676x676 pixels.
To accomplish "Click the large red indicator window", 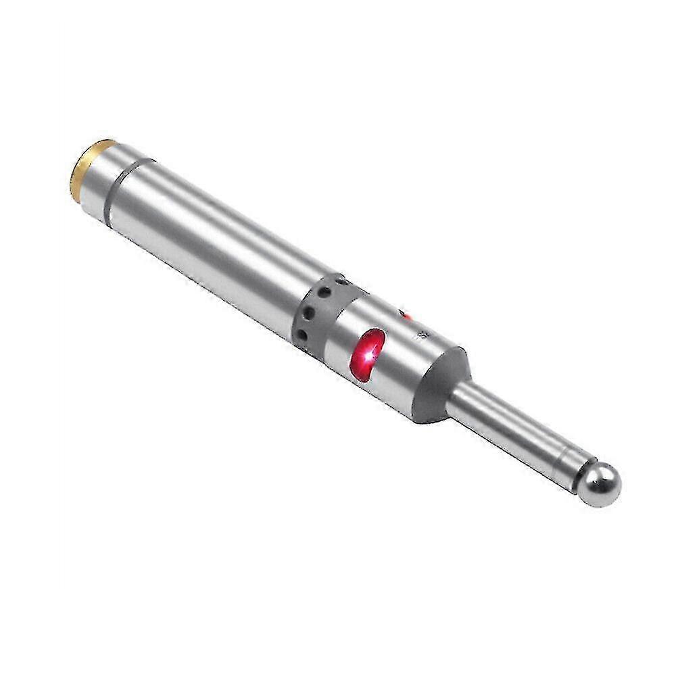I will pos(368,354).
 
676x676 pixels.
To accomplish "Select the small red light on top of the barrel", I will pos(406,315).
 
